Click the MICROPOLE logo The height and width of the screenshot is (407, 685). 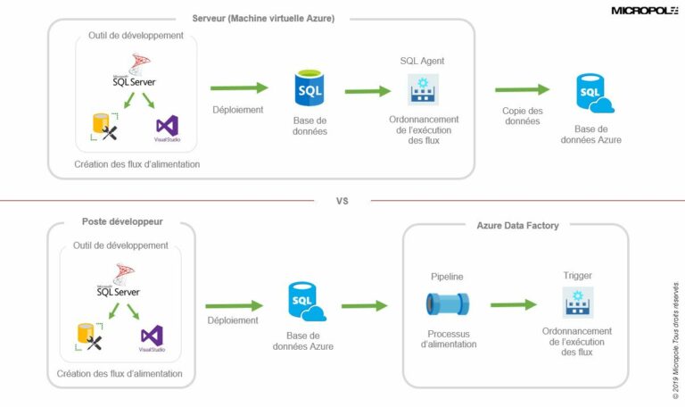click(644, 11)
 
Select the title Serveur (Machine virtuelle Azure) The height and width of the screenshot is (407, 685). click(263, 18)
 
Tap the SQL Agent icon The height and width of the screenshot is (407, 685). click(423, 89)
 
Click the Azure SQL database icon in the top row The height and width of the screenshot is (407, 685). click(594, 95)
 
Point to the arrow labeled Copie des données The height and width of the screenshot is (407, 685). click(522, 89)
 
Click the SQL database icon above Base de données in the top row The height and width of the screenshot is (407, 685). click(309, 89)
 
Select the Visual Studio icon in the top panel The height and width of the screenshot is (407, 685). click(167, 127)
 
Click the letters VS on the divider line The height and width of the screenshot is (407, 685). click(342, 201)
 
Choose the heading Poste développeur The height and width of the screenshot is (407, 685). click(122, 222)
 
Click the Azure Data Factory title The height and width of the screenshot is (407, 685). click(517, 226)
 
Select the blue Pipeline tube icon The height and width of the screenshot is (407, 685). click(447, 304)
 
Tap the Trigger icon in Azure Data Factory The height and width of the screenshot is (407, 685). click(577, 303)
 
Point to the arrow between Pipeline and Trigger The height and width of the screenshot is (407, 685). click(513, 305)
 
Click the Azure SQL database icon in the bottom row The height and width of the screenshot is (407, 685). click(307, 302)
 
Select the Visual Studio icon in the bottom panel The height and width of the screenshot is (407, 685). click(152, 336)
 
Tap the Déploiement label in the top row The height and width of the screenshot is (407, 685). click(238, 111)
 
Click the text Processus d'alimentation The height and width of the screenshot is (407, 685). click(448, 339)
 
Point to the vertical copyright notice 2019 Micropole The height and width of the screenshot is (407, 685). click(675, 330)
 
